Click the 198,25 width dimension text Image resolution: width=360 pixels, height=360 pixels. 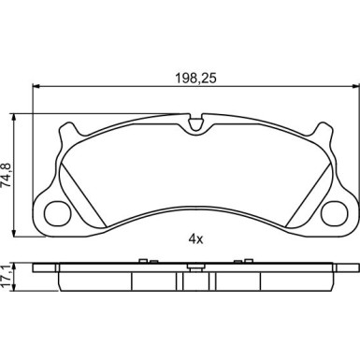coord(195,78)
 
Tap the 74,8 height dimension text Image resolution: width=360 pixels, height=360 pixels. coord(7,175)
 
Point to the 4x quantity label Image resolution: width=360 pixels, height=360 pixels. coord(195,239)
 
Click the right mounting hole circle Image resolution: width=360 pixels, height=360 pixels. coord(334,213)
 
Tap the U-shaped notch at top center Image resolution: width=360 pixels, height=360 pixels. coord(195,123)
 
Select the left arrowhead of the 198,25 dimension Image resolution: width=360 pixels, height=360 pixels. coord(36,86)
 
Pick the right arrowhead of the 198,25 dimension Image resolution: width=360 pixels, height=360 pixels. coord(355,86)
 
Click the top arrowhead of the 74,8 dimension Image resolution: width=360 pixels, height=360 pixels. coord(13,118)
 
